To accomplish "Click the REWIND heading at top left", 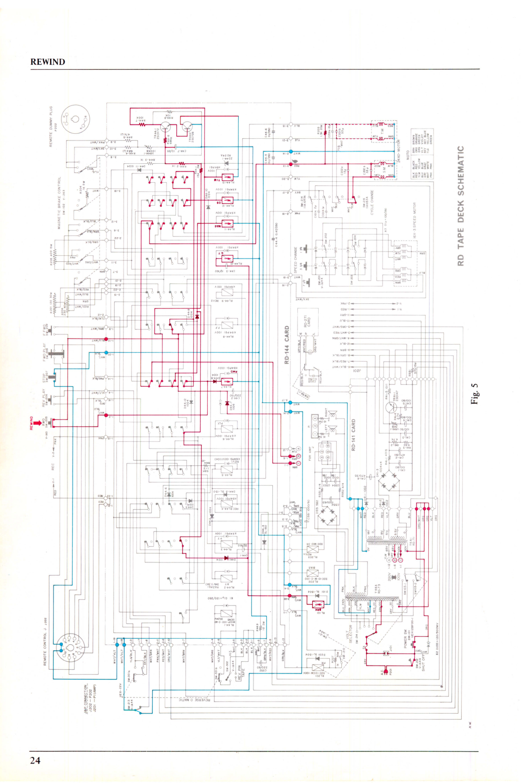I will pyautogui.click(x=48, y=62).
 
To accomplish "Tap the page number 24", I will pyautogui.click(x=35, y=760).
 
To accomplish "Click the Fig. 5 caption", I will pyautogui.click(x=475, y=394).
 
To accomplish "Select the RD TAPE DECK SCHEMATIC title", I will pyautogui.click(x=461, y=206).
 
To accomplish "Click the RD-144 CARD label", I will pyautogui.click(x=287, y=345).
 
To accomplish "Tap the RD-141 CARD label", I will pyautogui.click(x=353, y=435).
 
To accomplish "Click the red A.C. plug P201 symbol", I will pyautogui.click(x=385, y=671).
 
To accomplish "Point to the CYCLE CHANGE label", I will pyautogui.click(x=371, y=206).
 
